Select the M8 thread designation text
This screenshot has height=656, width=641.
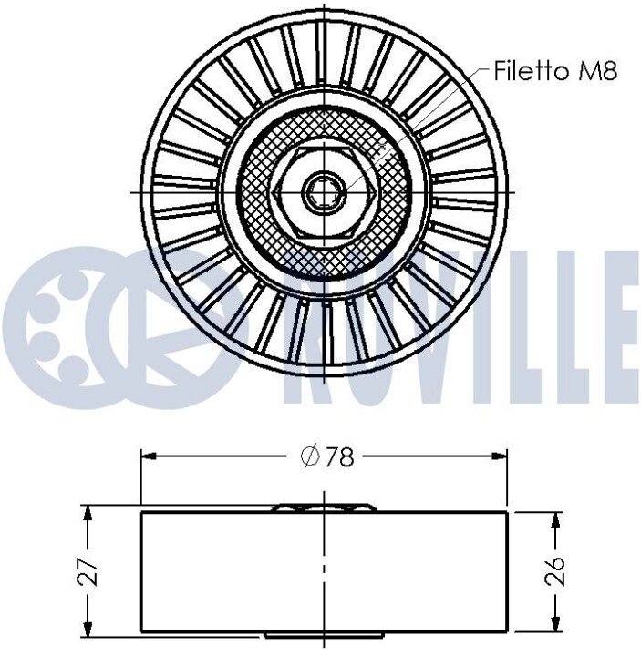click(598, 71)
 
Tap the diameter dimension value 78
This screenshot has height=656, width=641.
click(339, 456)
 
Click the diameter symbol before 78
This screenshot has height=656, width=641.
click(311, 456)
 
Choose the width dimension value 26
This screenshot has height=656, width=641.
click(555, 570)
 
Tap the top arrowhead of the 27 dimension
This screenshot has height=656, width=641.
click(88, 512)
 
